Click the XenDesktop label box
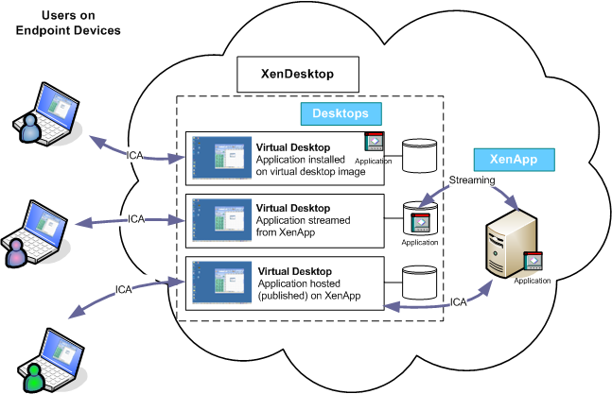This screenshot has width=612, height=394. pos(297,72)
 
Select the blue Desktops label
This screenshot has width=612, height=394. pos(341,113)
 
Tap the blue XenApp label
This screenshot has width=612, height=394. pos(513,160)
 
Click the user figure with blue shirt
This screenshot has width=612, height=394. pos(30,131)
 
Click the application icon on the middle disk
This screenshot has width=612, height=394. pos(419,224)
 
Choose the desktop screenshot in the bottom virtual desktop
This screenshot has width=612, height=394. pos(219,284)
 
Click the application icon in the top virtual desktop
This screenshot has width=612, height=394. pos(375,142)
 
